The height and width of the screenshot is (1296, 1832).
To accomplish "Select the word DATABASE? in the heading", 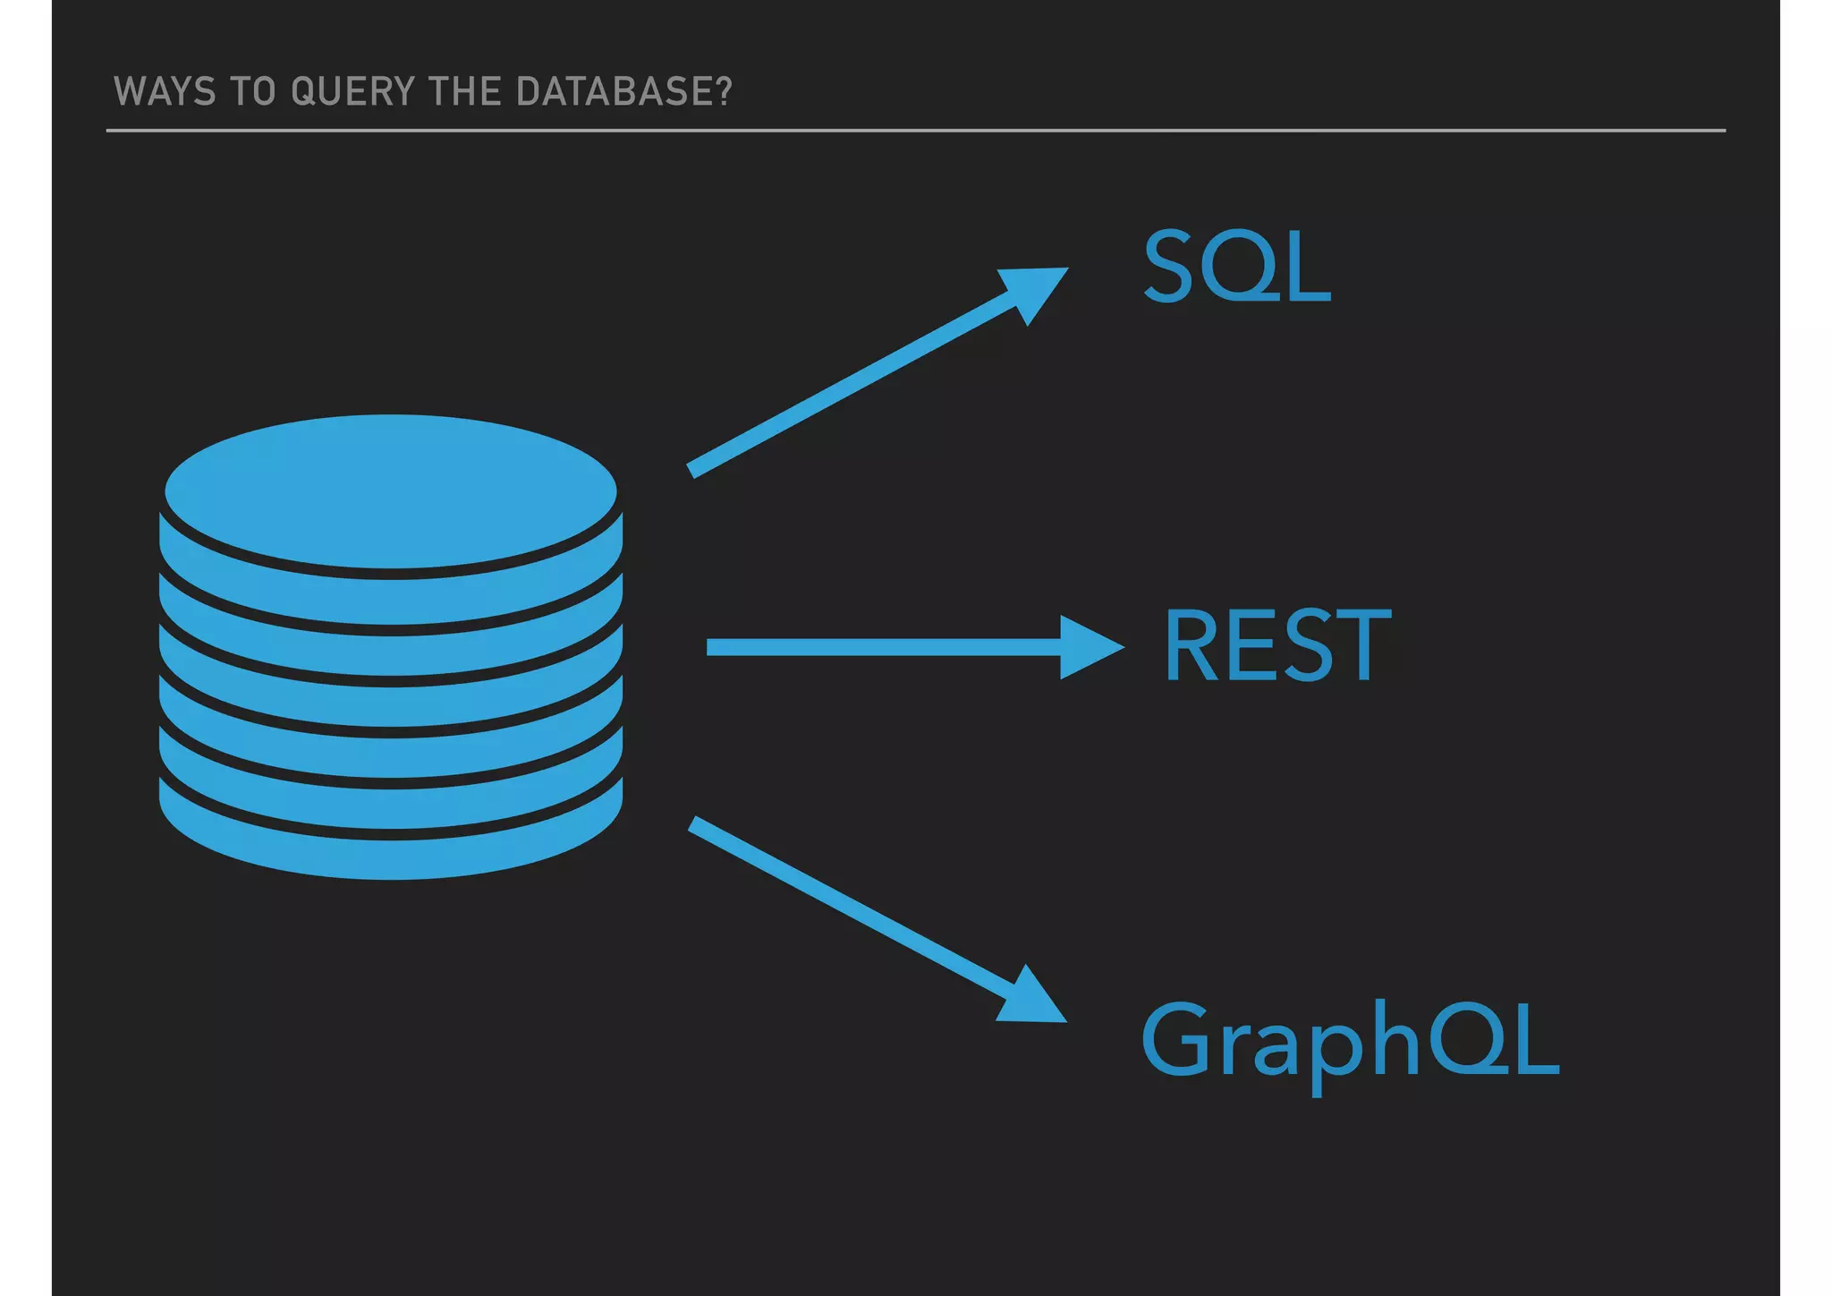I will coord(623,92).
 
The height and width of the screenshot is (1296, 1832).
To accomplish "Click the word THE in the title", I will coord(465,92).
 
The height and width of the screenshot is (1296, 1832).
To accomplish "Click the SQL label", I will coord(1237,266).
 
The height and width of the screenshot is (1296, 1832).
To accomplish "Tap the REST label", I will coord(1277,645).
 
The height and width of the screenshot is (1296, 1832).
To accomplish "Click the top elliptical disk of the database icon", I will coord(391,490).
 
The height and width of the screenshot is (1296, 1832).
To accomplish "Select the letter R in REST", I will coord(1193,645).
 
